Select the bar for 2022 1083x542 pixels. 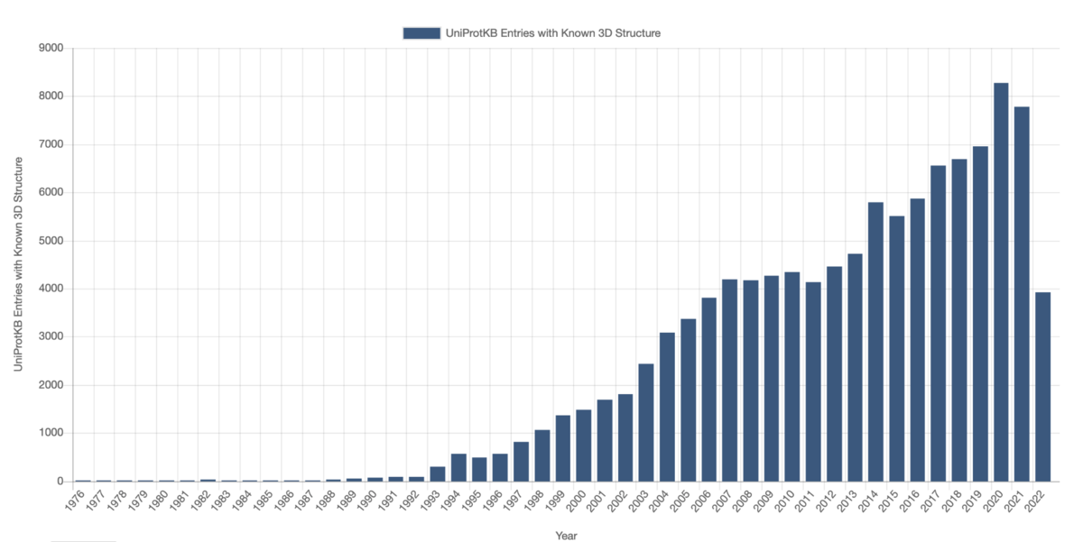(1042, 387)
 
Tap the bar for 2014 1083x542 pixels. (875, 342)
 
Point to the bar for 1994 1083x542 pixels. (458, 467)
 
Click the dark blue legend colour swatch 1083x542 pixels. (421, 33)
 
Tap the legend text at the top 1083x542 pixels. (553, 33)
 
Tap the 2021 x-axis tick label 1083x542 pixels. (1020, 501)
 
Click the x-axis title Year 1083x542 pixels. (566, 536)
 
